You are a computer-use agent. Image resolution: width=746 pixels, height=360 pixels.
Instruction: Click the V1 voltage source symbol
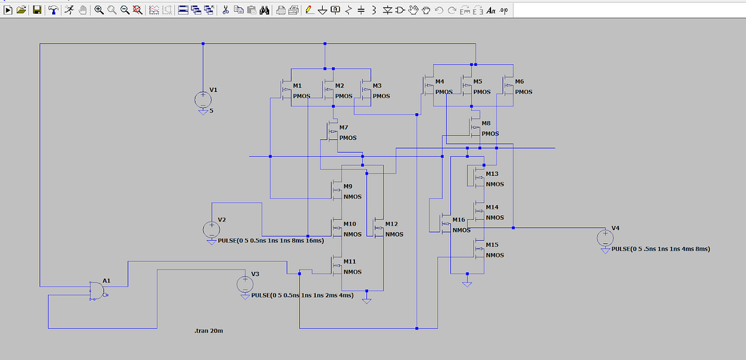203,99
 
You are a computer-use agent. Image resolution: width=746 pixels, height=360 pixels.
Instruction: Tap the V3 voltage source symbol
245,284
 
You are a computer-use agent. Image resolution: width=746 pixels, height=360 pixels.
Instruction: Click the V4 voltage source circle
605,238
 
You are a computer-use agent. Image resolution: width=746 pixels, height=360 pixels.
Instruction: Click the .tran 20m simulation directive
208,331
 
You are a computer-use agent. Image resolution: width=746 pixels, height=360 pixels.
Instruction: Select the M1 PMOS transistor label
297,85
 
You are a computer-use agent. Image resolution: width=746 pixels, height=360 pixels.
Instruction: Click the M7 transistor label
343,127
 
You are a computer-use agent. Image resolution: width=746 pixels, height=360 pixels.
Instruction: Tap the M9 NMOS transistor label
348,186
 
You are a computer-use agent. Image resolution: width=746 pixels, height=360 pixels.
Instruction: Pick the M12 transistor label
391,224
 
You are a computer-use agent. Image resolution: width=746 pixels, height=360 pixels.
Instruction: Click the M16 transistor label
459,220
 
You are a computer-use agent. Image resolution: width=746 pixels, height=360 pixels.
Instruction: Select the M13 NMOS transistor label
492,173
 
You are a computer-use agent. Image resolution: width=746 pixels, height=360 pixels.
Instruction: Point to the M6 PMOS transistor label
520,81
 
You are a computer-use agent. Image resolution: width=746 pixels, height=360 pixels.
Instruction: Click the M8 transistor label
486,123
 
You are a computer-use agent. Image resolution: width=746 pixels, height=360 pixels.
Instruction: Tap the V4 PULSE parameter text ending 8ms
660,249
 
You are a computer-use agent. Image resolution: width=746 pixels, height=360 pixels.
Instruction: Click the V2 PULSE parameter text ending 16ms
271,241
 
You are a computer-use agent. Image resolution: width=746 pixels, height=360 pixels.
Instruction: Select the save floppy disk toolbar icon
37,10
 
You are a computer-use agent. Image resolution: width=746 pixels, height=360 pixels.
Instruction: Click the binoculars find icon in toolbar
264,10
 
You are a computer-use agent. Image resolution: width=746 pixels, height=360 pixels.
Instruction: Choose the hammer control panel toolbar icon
52,10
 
